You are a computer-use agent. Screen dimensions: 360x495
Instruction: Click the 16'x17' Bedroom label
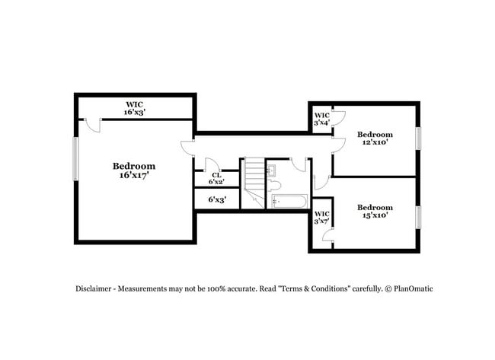click(x=134, y=170)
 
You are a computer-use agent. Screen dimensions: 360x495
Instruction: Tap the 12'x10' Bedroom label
click(x=375, y=138)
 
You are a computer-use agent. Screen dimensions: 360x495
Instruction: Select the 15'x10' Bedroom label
click(x=375, y=212)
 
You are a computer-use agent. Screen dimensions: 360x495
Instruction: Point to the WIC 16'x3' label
click(x=135, y=107)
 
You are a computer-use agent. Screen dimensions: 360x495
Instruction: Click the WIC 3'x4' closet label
click(x=321, y=119)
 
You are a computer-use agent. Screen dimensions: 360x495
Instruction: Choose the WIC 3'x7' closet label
click(x=321, y=218)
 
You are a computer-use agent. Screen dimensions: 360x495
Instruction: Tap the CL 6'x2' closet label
click(x=217, y=178)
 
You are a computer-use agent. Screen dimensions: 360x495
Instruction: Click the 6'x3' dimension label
click(x=217, y=200)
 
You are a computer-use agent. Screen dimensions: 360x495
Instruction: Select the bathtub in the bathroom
click(x=289, y=202)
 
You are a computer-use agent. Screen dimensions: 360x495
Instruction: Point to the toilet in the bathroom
click(x=276, y=185)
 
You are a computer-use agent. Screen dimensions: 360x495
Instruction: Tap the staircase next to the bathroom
click(x=254, y=183)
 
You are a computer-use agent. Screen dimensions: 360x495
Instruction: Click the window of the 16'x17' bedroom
click(x=75, y=159)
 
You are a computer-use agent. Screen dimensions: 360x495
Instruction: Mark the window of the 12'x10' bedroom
click(x=417, y=138)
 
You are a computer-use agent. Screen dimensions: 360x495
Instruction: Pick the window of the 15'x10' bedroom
click(x=417, y=217)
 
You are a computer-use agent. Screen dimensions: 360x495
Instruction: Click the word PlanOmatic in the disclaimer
click(x=412, y=289)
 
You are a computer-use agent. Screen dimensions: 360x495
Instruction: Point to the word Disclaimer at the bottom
click(x=94, y=289)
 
